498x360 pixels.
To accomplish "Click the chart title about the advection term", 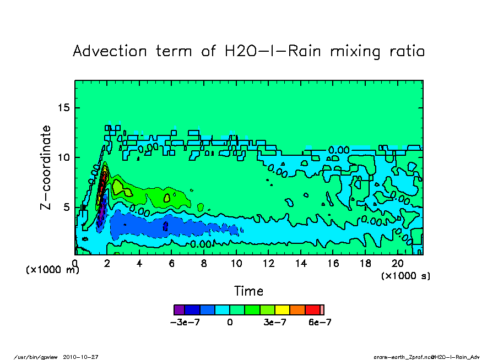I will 249,51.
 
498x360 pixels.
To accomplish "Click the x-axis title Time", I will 249,291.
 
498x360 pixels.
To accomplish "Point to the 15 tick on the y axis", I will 64,108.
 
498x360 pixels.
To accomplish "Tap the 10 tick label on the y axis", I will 64,157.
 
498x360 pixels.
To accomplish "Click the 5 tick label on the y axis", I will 68,207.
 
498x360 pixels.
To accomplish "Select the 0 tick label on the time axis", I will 75,263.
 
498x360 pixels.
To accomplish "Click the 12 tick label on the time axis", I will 268,263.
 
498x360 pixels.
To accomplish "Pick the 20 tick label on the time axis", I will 397,263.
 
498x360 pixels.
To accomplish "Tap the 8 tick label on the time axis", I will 204,263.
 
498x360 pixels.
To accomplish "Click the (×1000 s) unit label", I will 405,275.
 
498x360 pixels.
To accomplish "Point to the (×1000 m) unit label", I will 52,270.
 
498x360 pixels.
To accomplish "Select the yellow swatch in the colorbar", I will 282,310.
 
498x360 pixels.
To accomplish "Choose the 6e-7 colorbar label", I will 319,323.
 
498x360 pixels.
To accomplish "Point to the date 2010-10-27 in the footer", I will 85,357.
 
